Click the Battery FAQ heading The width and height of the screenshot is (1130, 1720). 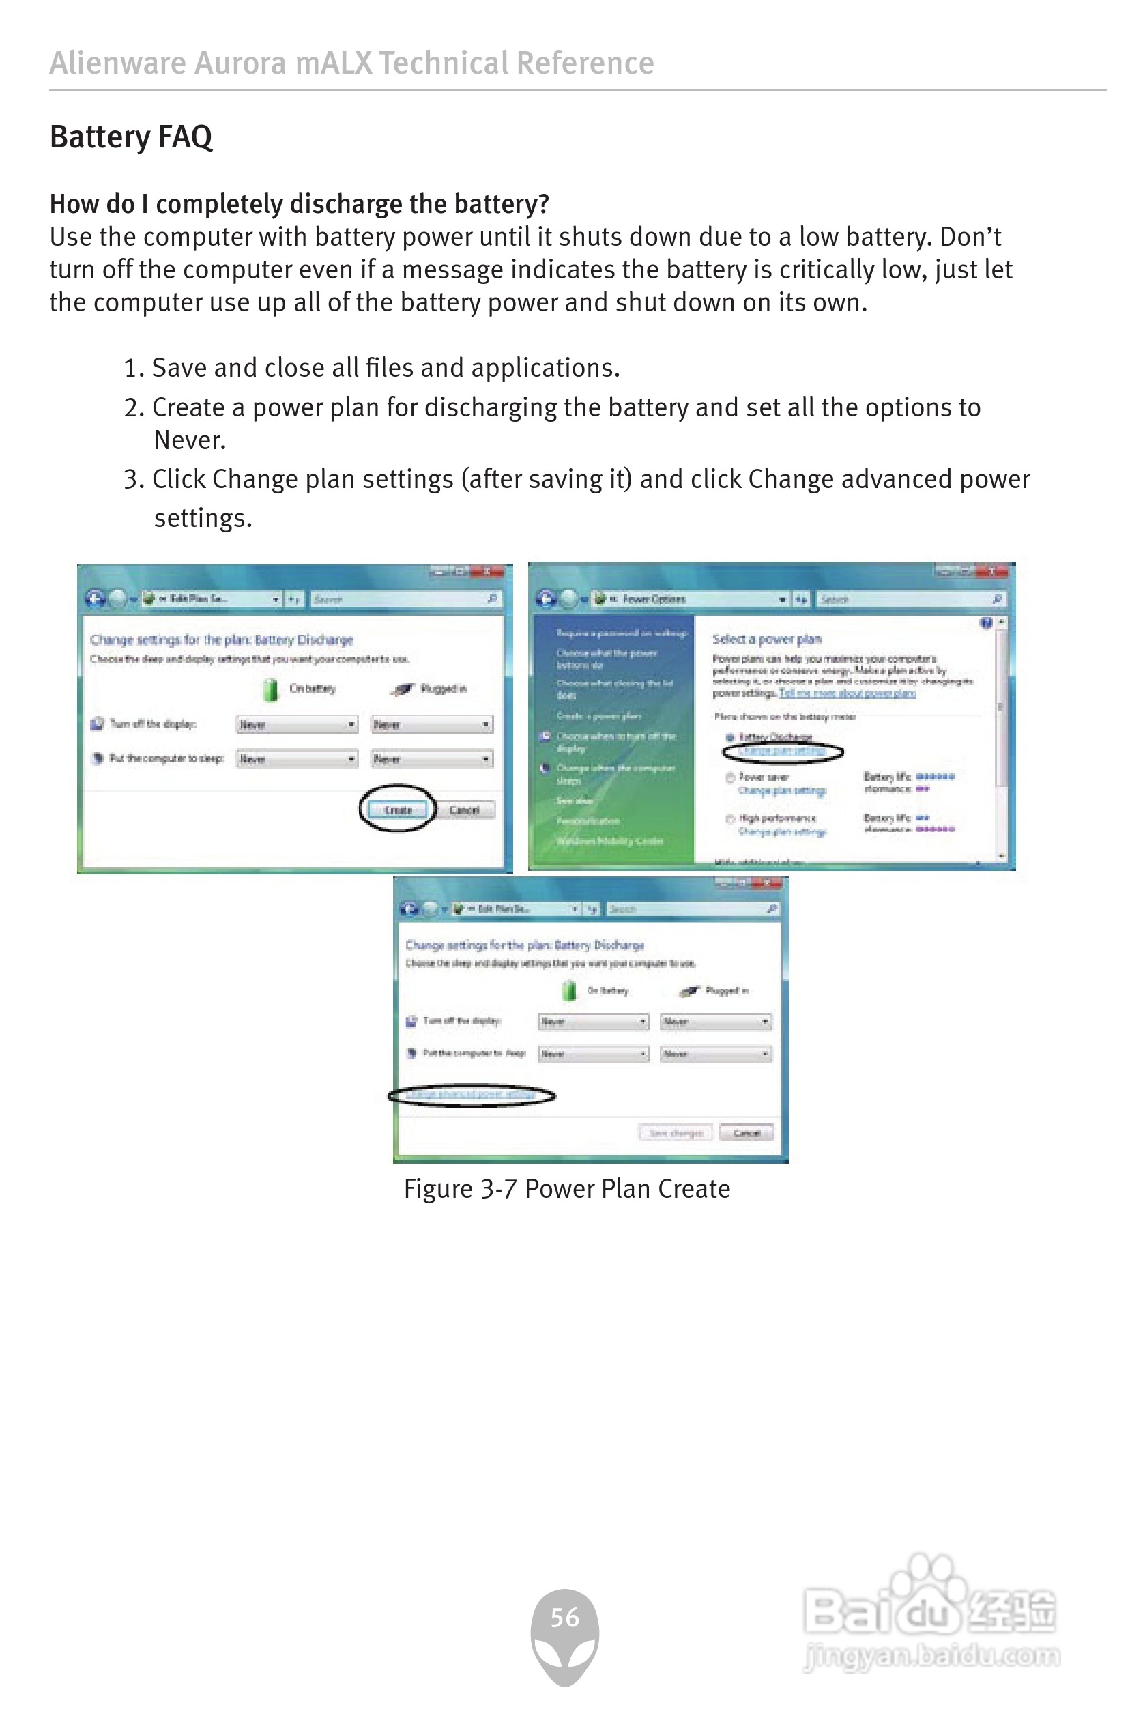click(131, 137)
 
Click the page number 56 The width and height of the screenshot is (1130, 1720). click(564, 1618)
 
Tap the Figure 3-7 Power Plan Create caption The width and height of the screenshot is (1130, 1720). click(566, 1189)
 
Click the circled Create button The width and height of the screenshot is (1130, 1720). click(397, 809)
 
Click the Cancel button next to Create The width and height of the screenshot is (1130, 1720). click(464, 809)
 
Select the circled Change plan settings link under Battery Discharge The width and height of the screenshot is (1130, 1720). click(781, 751)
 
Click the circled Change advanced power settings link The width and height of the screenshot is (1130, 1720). click(470, 1095)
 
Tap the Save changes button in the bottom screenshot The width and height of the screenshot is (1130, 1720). click(675, 1132)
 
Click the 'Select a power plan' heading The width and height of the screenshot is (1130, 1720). click(766, 639)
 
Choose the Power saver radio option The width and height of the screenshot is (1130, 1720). click(729, 777)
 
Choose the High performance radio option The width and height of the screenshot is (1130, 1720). click(729, 819)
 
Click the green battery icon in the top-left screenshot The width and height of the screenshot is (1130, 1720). click(271, 689)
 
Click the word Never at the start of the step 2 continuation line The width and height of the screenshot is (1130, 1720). click(189, 440)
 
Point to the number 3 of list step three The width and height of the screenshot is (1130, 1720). click(130, 479)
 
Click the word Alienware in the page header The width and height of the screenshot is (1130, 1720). click(117, 63)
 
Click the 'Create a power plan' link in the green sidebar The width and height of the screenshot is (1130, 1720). click(598, 715)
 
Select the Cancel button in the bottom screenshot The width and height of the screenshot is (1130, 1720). click(746, 1132)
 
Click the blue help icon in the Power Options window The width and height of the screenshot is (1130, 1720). click(986, 623)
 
